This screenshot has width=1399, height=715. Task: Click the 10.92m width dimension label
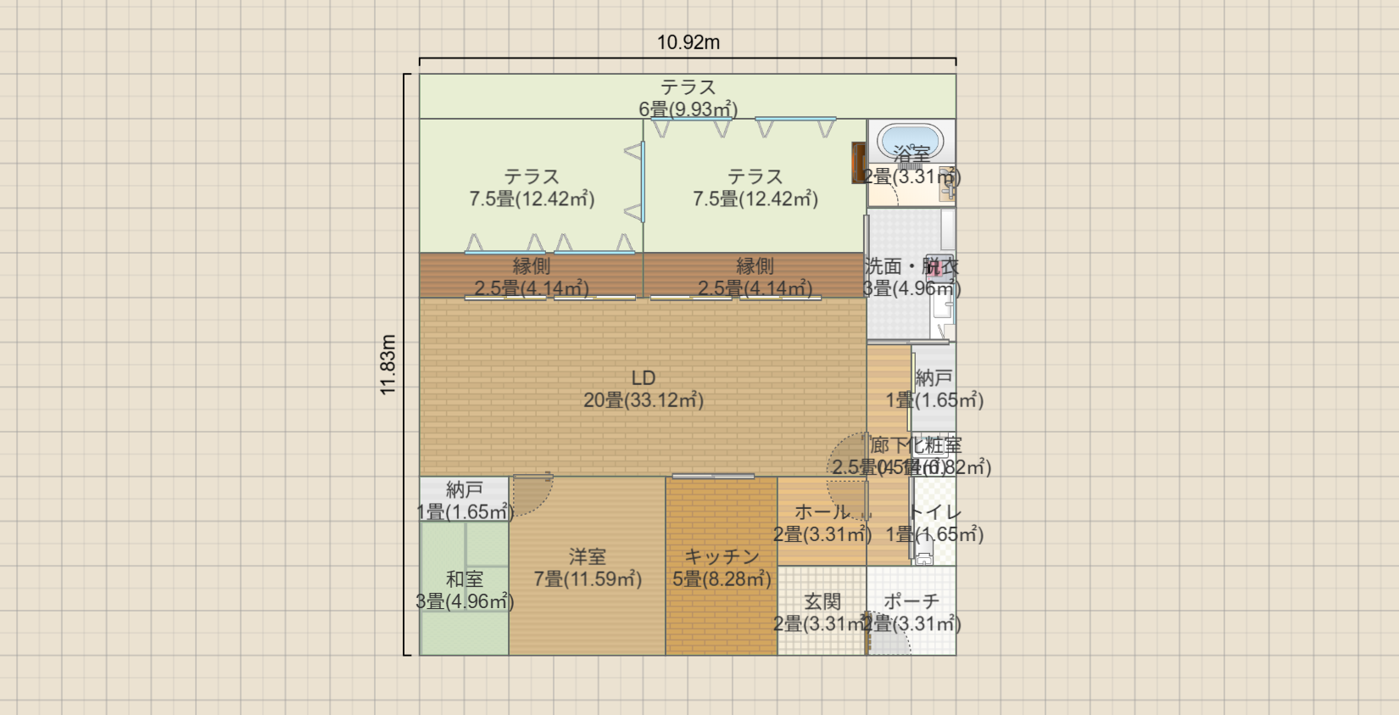coord(688,42)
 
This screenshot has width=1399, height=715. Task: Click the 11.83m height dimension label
coord(388,365)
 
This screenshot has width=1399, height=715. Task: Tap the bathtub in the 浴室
coord(909,139)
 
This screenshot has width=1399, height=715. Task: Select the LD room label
coord(644,378)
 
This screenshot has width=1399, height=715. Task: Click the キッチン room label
coord(722,556)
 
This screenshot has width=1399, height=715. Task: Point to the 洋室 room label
coord(587,557)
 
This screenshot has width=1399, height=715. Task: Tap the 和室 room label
coord(465,579)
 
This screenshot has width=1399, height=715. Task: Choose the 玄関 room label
coord(822,601)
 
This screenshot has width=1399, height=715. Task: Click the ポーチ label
coord(911,601)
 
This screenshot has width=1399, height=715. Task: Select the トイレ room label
coord(934,512)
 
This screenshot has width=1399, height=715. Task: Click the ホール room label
coord(822,512)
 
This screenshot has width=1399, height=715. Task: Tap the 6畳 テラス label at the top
coord(688,87)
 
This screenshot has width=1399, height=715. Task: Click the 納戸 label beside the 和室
coord(465,489)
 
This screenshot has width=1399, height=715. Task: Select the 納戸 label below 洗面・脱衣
coord(934,378)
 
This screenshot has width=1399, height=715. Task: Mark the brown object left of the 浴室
coord(858,162)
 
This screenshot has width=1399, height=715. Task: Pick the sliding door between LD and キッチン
coord(713,477)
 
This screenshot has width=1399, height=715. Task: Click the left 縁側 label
coord(531,266)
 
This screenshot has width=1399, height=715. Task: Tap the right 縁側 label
coord(755,266)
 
